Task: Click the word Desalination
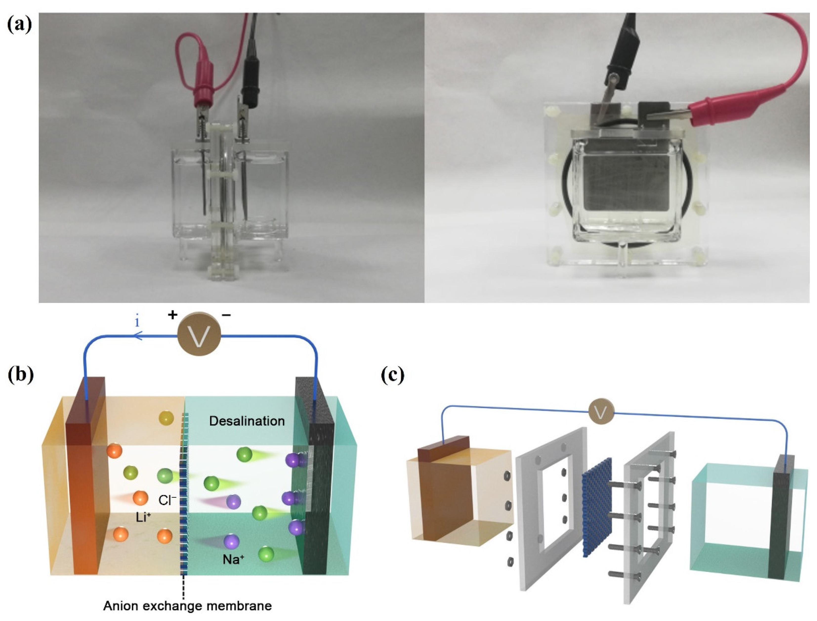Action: (247, 421)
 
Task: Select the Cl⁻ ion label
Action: (167, 500)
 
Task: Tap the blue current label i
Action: (137, 322)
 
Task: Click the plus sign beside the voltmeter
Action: (172, 315)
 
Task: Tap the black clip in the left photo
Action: (249, 89)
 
